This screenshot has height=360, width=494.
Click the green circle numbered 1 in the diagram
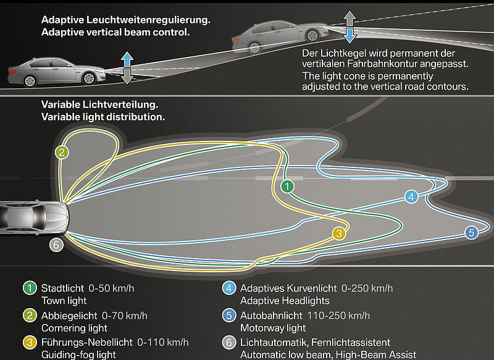287,186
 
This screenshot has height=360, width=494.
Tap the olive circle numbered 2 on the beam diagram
62,153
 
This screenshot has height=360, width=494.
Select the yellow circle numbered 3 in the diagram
339,233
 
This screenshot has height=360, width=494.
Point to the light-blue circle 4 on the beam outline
411,197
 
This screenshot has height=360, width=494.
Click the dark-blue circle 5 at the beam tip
471,233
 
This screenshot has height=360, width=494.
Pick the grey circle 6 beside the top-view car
56,245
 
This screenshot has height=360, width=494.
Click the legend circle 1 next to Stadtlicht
30,288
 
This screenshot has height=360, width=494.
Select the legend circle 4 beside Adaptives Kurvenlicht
229,288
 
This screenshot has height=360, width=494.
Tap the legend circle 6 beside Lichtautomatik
229,343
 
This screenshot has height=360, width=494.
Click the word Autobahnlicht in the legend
271,316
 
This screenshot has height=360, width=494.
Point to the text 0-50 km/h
111,288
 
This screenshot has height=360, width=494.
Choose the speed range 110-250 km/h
338,316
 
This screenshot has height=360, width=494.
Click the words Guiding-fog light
78,355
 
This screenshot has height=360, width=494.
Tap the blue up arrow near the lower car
127,60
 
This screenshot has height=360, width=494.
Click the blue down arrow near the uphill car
350,35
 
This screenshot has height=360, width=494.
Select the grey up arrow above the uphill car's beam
350,19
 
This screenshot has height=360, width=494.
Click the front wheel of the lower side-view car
89,78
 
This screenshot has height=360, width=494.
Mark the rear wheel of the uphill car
254,48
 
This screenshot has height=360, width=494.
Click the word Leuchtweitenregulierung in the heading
148,20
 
